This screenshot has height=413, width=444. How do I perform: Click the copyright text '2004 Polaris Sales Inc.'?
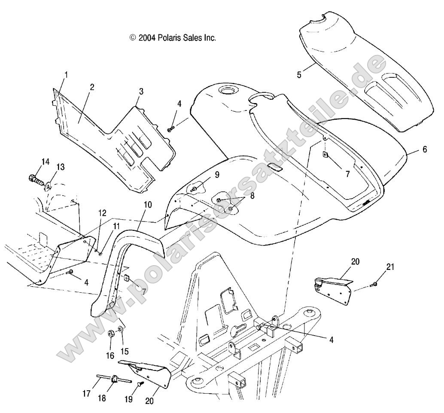pyautogui.click(x=173, y=38)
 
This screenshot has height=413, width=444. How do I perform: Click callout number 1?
pyautogui.click(x=66, y=75)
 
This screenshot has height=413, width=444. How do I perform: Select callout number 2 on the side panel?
pyautogui.click(x=92, y=87)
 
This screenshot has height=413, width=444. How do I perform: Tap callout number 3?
pyautogui.click(x=141, y=91)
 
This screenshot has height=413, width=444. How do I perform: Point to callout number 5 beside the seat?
pyautogui.click(x=299, y=74)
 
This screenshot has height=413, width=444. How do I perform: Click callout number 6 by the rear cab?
pyautogui.click(x=425, y=150)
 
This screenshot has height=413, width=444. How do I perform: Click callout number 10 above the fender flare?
pyautogui.click(x=148, y=205)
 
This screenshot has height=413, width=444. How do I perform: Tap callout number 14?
pyautogui.click(x=45, y=162)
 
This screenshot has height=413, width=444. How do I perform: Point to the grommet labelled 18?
pyautogui.click(x=115, y=379)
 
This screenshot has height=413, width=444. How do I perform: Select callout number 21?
pyautogui.click(x=389, y=267)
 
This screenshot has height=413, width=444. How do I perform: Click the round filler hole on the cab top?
pyautogui.click(x=225, y=91)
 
